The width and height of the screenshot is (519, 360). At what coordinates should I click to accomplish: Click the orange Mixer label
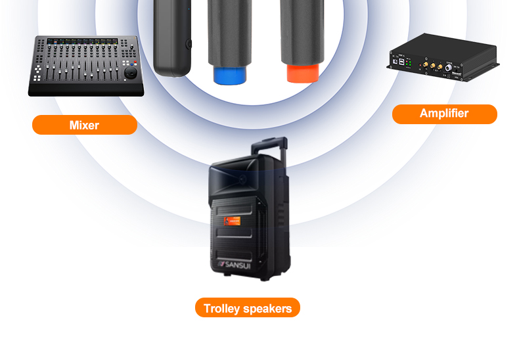(85, 125)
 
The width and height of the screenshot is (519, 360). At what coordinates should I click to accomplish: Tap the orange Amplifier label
(444, 114)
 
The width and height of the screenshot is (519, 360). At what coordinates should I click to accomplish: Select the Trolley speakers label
(247, 308)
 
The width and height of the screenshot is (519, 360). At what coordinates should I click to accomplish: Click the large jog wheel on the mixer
(131, 74)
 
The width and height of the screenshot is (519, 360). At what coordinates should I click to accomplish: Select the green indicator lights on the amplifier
(409, 63)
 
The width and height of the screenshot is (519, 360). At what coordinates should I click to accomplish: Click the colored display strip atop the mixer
(83, 41)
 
